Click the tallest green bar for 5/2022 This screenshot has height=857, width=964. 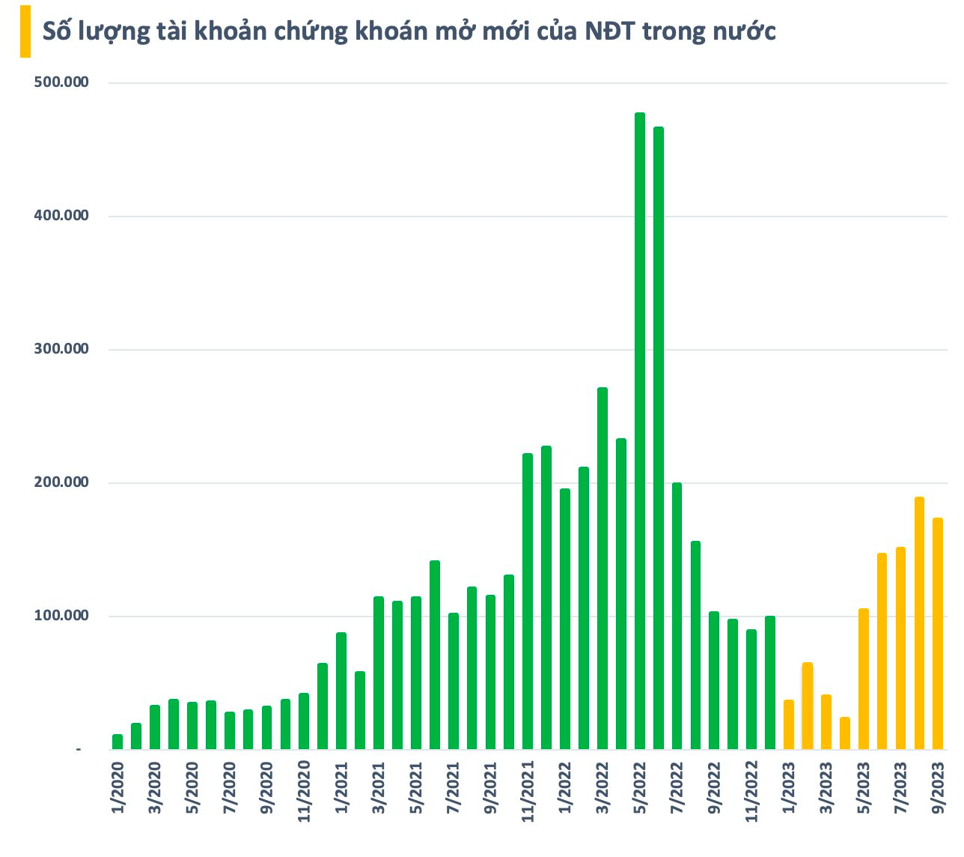coord(640,431)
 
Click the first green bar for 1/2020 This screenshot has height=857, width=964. coord(118,742)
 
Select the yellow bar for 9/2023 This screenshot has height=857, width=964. coord(938,633)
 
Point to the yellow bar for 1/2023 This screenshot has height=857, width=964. coord(789,724)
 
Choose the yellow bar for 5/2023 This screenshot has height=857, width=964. coord(864,679)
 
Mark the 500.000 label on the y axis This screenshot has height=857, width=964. coord(61,82)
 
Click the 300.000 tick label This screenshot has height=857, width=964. coord(61,349)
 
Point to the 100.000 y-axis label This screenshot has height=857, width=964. coord(61,616)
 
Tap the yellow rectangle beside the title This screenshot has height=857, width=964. coord(25,31)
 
